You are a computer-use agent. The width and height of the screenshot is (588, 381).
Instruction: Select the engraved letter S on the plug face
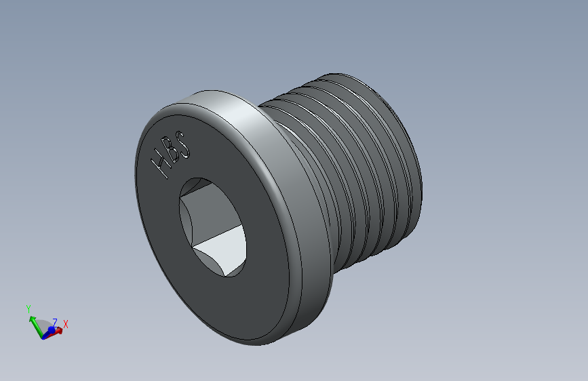[182, 144]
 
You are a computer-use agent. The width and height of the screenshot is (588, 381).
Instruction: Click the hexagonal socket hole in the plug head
[213, 227]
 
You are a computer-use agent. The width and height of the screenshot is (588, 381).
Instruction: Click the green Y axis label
[28, 309]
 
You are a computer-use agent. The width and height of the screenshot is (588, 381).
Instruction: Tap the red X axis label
[66, 324]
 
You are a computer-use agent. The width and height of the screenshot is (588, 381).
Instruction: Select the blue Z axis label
[55, 323]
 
